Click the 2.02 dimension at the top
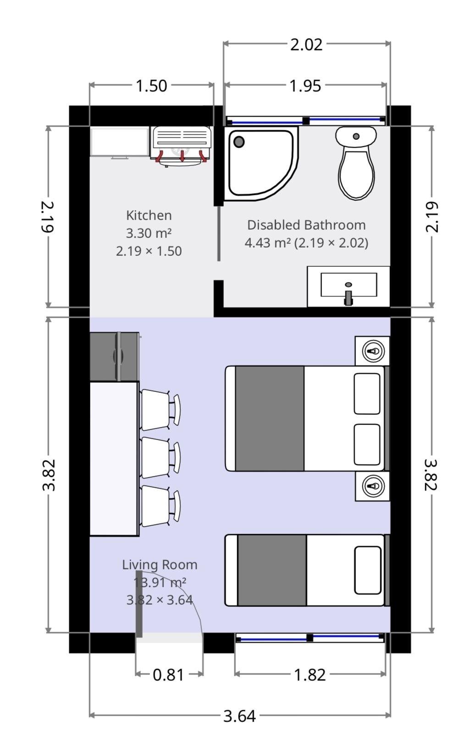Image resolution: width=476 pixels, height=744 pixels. tap(306, 44)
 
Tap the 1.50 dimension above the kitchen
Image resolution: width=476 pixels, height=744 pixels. tap(151, 86)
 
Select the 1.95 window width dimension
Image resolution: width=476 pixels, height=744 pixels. tap(305, 86)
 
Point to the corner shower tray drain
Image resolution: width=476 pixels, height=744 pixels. tap(238, 142)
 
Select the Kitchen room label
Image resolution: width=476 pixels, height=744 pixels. tap(149, 215)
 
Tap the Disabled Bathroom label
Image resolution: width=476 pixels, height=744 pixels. tap(306, 225)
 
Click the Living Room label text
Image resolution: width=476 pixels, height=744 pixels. tap(160, 565)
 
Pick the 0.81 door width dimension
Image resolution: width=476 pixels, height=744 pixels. tap(168, 675)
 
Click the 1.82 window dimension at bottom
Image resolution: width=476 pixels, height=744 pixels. tap(310, 675)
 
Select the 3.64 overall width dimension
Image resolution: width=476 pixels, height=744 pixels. tap(239, 716)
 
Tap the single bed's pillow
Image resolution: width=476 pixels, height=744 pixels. tap(367, 570)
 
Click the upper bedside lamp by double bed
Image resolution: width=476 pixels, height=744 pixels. tap(372, 351)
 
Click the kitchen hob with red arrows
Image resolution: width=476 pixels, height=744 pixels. tap(182, 144)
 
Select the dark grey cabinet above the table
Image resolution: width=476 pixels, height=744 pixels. tap(114, 356)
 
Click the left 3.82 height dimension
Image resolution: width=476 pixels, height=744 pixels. tap(49, 475)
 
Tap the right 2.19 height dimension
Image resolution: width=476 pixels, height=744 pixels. tap(432, 216)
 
